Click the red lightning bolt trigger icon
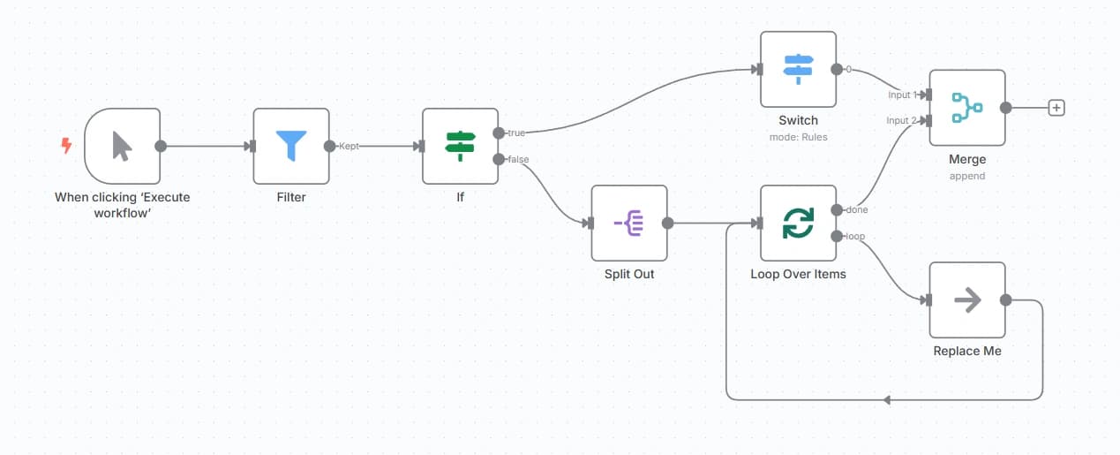tap(66, 146)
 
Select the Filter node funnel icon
tap(291, 146)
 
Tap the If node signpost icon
tap(460, 146)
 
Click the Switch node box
tap(798, 69)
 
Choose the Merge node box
tap(967, 108)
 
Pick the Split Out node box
tap(629, 224)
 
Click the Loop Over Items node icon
tap(798, 224)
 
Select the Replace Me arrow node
tap(967, 300)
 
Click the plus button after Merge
tap(1056, 108)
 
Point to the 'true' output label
tap(516, 133)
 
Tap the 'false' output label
tap(518, 159)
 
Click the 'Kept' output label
tap(350, 147)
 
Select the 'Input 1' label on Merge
tap(898, 95)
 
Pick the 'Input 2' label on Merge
tap(898, 120)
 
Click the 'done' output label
tap(856, 210)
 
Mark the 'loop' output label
tap(855, 237)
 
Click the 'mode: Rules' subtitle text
tap(798, 137)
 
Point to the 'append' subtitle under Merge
tap(967, 176)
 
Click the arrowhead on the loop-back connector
tap(887, 400)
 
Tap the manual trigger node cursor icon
tap(122, 146)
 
